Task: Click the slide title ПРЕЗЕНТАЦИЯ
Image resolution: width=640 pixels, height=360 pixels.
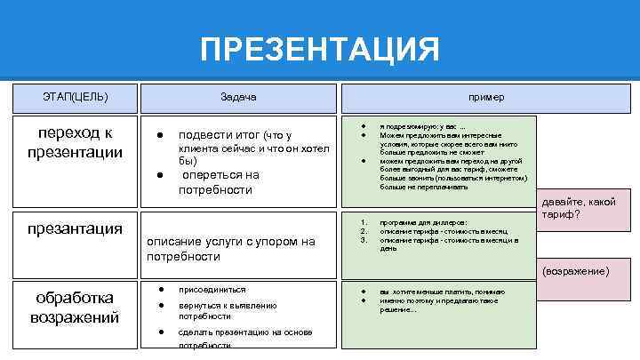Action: click(319, 49)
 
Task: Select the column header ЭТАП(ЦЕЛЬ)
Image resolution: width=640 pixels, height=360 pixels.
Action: click(76, 96)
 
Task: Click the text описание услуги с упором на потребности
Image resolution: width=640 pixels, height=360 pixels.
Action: click(230, 248)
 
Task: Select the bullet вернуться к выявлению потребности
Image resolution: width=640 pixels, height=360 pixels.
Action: click(227, 310)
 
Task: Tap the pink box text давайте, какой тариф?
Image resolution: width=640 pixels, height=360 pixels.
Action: click(578, 208)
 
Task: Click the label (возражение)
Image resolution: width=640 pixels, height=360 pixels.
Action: click(577, 270)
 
